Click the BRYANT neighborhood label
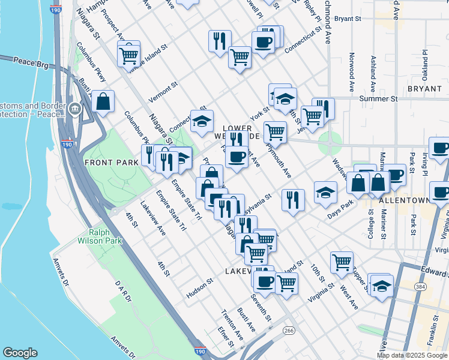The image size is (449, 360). [424, 89]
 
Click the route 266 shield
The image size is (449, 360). [289, 330]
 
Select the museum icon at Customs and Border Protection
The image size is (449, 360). [75, 109]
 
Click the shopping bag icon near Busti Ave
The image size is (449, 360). [103, 101]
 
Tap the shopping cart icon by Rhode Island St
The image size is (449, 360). [128, 55]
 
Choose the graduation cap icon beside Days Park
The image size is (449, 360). [325, 192]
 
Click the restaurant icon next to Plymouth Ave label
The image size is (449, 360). [292, 200]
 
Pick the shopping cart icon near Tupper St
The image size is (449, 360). [342, 262]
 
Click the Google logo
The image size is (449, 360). [20, 353]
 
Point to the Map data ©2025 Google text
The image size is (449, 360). [412, 355]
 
